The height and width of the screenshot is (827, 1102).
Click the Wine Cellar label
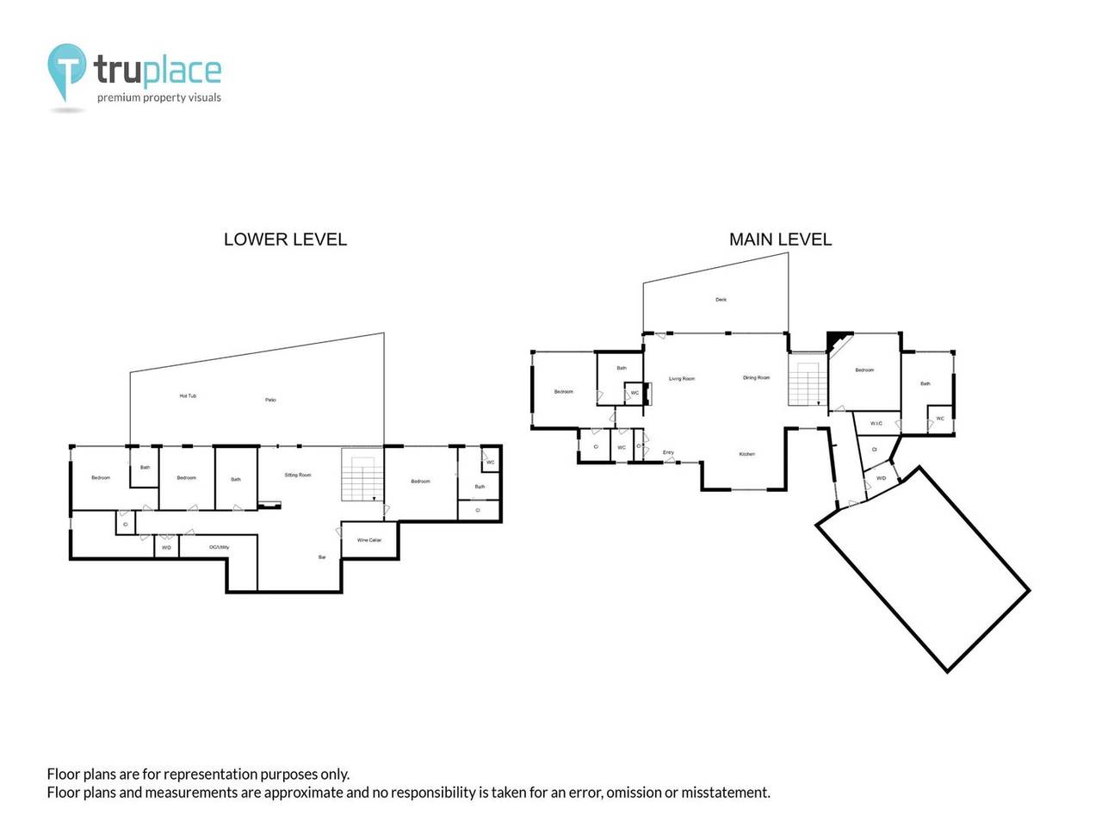click(369, 540)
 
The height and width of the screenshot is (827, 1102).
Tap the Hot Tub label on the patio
click(188, 396)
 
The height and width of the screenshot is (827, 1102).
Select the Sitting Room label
click(298, 476)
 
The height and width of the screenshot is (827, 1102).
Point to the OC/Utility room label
click(219, 547)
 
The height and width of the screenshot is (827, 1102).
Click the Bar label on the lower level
click(322, 557)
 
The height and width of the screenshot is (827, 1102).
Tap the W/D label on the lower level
click(166, 547)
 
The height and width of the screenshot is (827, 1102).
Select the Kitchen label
click(746, 454)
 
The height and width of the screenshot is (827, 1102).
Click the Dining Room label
click(757, 378)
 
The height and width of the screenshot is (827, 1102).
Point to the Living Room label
click(682, 379)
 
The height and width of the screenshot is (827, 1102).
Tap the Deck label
click(721, 300)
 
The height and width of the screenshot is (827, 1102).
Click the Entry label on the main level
click(668, 452)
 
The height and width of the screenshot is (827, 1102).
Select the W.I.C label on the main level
click(876, 423)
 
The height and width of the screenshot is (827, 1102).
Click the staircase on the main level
click(808, 384)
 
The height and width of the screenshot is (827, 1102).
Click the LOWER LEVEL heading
click(285, 239)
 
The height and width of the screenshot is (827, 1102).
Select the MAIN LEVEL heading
click(780, 239)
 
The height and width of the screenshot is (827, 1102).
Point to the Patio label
click(270, 400)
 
